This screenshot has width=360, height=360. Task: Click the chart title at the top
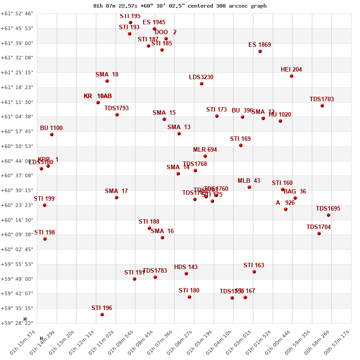(x=180, y=6)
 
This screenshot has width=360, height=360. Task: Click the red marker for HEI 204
(x=292, y=76)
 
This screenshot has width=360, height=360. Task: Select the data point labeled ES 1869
(x=260, y=51)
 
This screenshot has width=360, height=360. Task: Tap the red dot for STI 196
(x=102, y=315)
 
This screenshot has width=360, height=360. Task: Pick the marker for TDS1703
(x=322, y=106)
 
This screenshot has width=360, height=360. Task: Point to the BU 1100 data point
(x=52, y=135)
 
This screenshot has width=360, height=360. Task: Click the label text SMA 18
(x=107, y=75)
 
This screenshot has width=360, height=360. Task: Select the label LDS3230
(x=201, y=77)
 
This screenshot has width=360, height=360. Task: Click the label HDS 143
(x=186, y=267)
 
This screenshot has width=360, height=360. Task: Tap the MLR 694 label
(x=205, y=150)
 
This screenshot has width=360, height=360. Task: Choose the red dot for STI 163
(x=254, y=272)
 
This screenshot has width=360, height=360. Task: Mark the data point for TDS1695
(x=328, y=215)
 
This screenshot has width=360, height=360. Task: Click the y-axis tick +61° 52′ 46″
(x=17, y=14)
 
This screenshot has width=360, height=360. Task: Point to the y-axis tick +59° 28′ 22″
(x=17, y=323)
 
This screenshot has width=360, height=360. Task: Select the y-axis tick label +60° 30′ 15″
(x=17, y=190)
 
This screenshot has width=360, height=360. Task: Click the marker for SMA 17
(x=117, y=198)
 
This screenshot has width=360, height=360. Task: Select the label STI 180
(x=189, y=291)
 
